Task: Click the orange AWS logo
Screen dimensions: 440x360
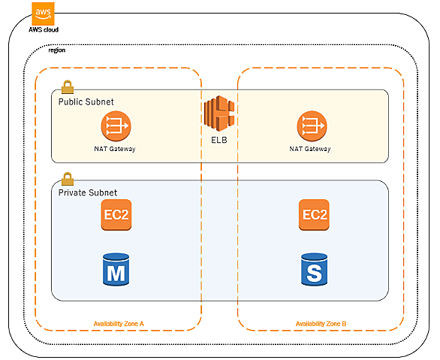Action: pyautogui.click(x=43, y=14)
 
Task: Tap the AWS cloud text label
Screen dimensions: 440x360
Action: pyautogui.click(x=44, y=30)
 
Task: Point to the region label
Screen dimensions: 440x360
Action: pyautogui.click(x=57, y=50)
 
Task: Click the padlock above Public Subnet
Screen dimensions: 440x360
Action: pyautogui.click(x=68, y=86)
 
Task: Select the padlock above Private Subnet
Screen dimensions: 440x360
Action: pyautogui.click(x=68, y=179)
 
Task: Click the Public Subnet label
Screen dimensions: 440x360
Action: pyautogui.click(x=86, y=101)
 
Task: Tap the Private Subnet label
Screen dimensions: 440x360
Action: pyautogui.click(x=88, y=192)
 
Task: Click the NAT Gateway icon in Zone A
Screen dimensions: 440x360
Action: pyautogui.click(x=116, y=126)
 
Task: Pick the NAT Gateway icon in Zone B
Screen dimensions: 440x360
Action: pyautogui.click(x=312, y=126)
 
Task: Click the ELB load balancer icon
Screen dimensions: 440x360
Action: pyautogui.click(x=219, y=113)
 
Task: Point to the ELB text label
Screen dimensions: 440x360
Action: pyautogui.click(x=219, y=140)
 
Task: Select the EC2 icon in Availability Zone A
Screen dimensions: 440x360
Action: pyautogui.click(x=116, y=215)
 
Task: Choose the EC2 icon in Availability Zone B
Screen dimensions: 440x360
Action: pyautogui.click(x=314, y=215)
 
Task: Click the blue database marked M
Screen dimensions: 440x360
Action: pyautogui.click(x=116, y=270)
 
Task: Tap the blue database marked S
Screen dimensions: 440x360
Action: pyautogui.click(x=315, y=270)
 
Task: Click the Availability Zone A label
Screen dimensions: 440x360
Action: pyautogui.click(x=119, y=324)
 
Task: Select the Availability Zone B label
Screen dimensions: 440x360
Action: pyautogui.click(x=321, y=324)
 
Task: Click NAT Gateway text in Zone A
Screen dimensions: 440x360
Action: pyautogui.click(x=115, y=149)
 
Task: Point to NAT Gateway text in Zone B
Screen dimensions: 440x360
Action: pyautogui.click(x=310, y=149)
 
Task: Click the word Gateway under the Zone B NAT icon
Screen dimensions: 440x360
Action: pyautogui.click(x=318, y=149)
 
